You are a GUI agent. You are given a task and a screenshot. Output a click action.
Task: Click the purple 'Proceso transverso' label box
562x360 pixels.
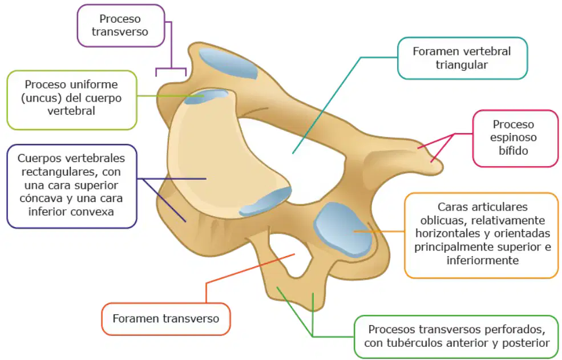pyautogui.click(x=121, y=26)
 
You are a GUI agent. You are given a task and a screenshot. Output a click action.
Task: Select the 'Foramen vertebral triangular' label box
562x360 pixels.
pyautogui.click(x=462, y=58)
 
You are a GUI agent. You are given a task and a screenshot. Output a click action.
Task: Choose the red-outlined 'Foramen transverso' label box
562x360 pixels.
pyautogui.click(x=166, y=319)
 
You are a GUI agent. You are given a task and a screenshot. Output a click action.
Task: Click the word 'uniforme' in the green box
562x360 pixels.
pyautogui.click(x=94, y=84)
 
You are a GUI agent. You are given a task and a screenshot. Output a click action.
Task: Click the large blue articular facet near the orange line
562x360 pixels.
pyautogui.click(x=342, y=229)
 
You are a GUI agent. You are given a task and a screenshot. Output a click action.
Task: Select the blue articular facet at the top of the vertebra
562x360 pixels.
pyautogui.click(x=229, y=63)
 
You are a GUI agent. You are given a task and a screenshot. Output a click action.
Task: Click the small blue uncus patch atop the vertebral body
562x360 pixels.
pyautogui.click(x=206, y=97)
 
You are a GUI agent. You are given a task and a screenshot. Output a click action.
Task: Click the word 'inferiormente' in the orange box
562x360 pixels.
pyautogui.click(x=483, y=260)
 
